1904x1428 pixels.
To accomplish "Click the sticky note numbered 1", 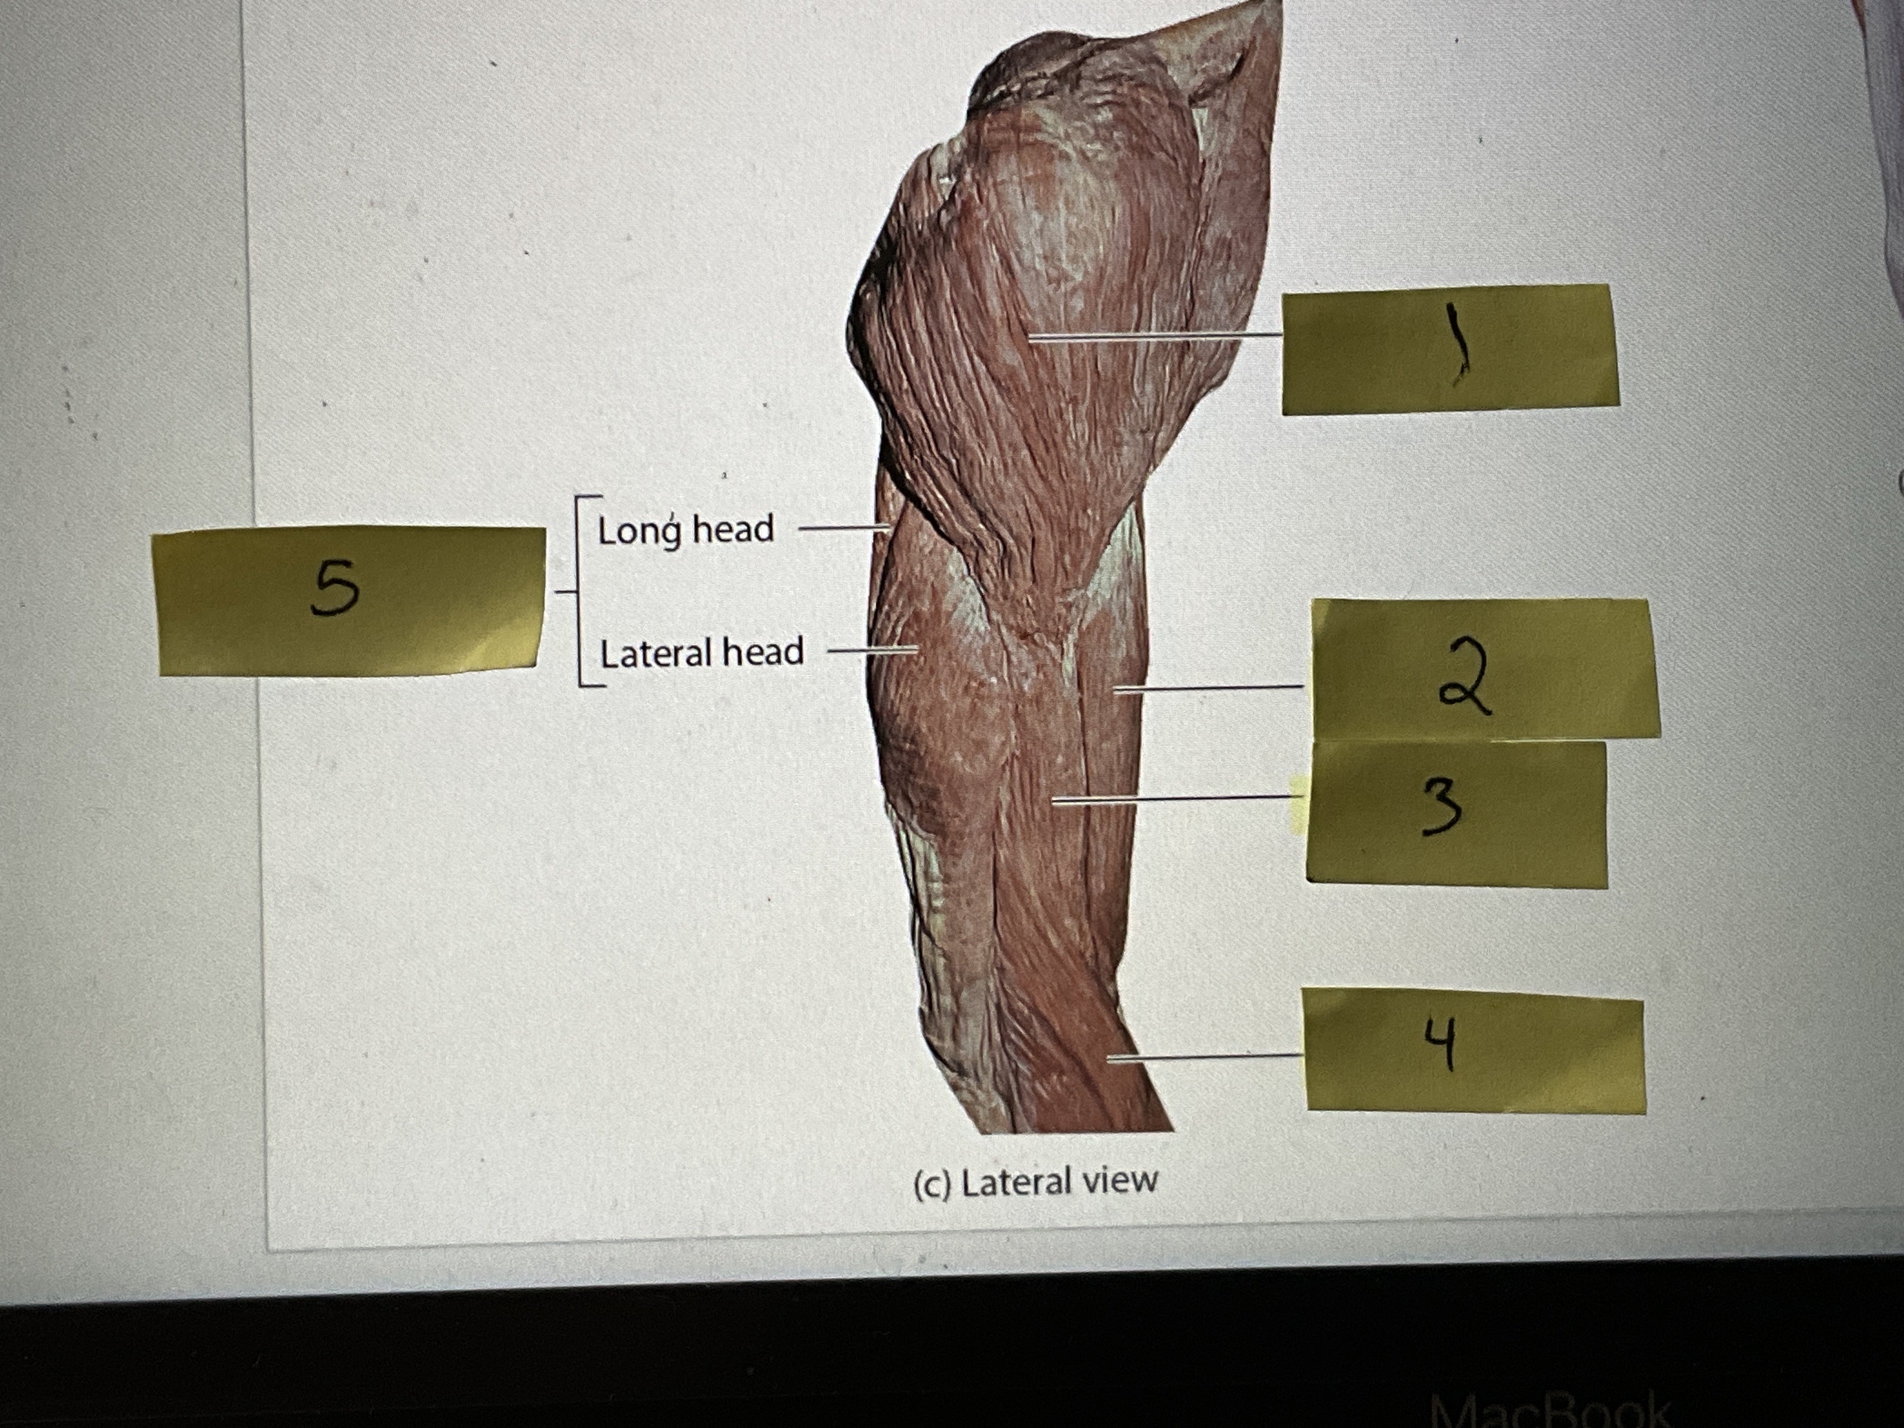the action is (1450, 348).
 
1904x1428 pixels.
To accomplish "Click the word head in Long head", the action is (733, 528).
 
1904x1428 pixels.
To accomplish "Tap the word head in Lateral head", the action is (763, 653).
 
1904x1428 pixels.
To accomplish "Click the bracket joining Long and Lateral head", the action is (578, 591).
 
